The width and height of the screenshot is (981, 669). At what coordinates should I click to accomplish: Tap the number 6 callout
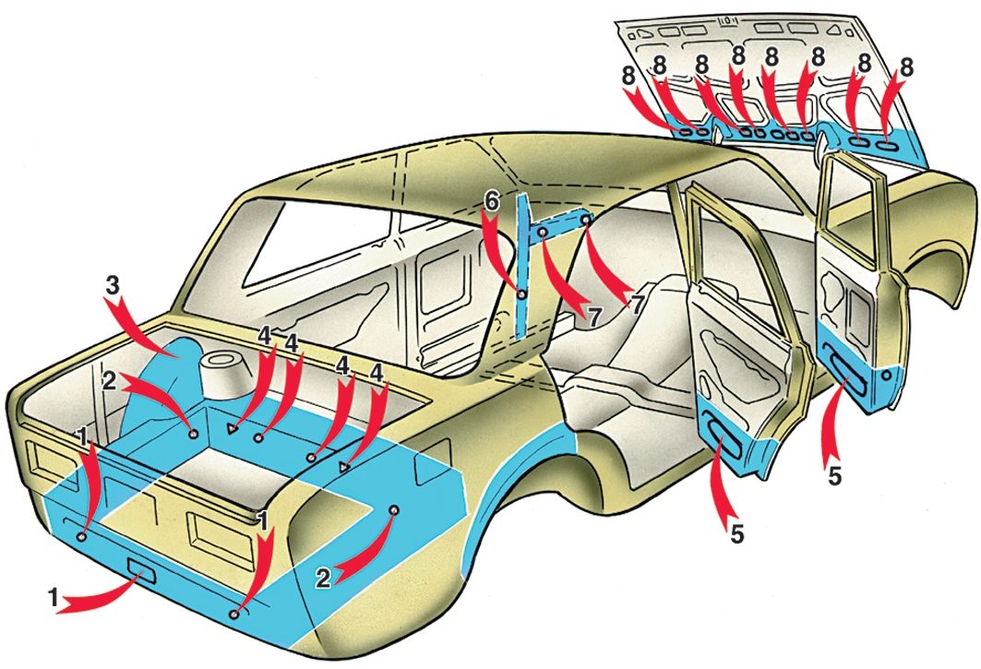[x=492, y=199]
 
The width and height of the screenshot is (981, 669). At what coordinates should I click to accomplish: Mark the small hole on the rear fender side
[x=394, y=509]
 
